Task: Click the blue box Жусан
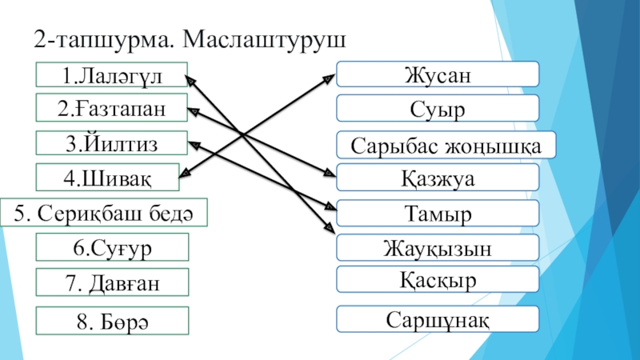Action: tap(437, 75)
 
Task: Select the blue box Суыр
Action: tap(437, 108)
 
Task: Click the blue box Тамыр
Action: tap(437, 214)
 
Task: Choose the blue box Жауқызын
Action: tap(437, 248)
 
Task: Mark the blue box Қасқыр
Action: tap(437, 280)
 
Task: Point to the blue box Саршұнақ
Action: tap(437, 318)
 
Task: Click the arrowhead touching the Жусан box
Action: tap(330, 77)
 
